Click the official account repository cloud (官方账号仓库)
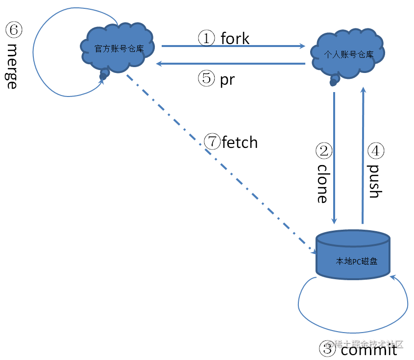tap(119, 48)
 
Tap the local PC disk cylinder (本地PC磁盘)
tap(353, 257)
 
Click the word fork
tap(235, 38)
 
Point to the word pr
tap(227, 79)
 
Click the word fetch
tap(240, 143)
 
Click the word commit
tap(368, 350)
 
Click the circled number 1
tap(206, 38)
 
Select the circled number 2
tap(324, 151)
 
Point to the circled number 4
tap(376, 151)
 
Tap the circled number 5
tap(206, 79)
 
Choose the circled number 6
tap(13, 30)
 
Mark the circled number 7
tap(213, 142)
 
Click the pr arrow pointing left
tap(230, 64)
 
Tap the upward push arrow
tap(363, 157)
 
